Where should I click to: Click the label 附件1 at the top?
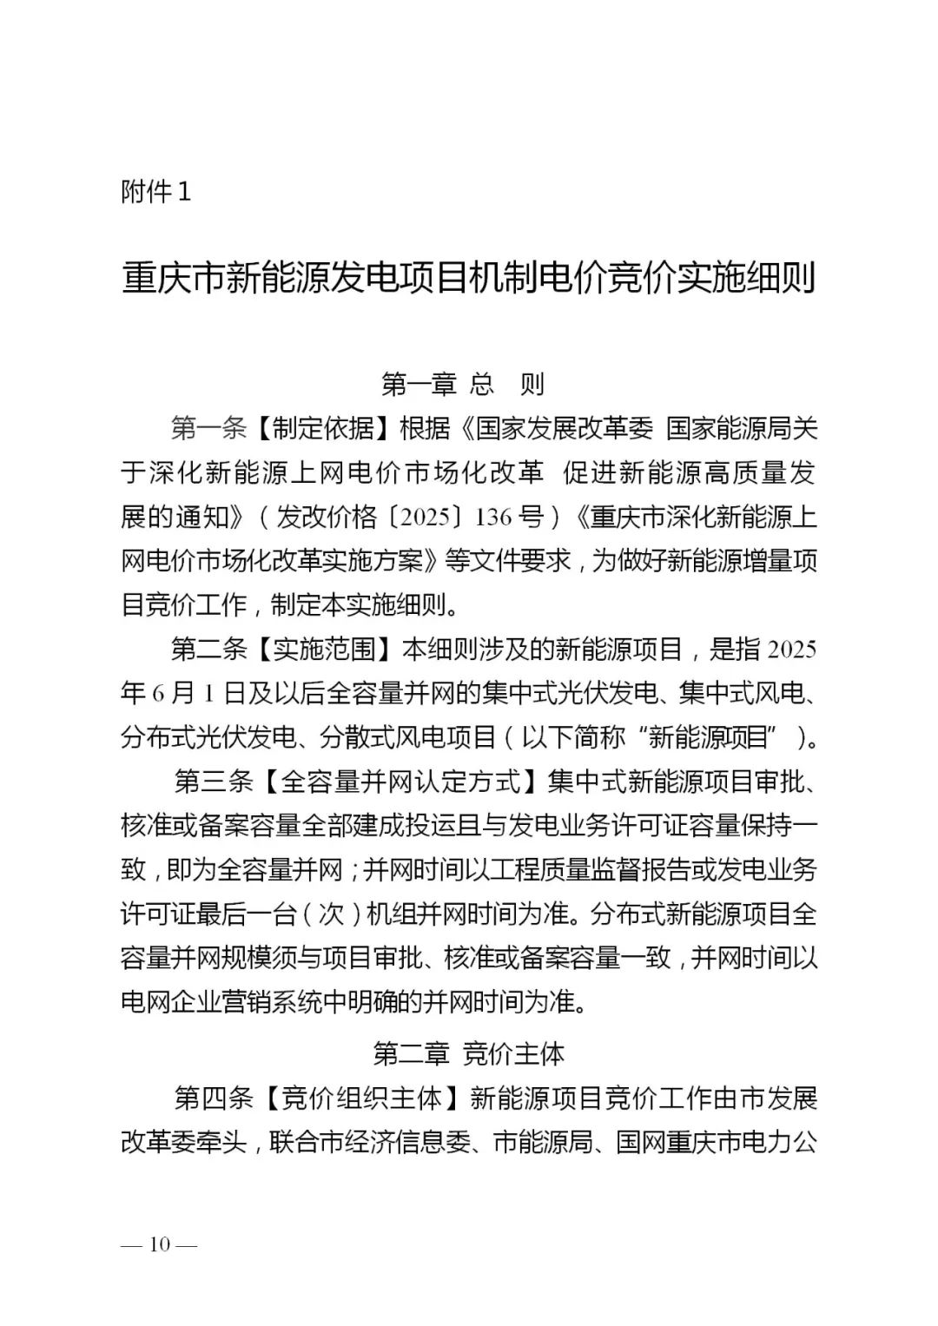pos(155,192)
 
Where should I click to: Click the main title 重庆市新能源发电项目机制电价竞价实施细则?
pos(469,280)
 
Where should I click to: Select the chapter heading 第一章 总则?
pos(463,384)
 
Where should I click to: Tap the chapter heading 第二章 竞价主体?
pos(469,1053)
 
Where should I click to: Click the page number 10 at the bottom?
pos(160,1244)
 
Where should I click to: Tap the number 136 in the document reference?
pos(494,518)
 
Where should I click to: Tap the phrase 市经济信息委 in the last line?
pos(383,1142)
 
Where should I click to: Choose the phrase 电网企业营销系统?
pos(234,1002)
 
